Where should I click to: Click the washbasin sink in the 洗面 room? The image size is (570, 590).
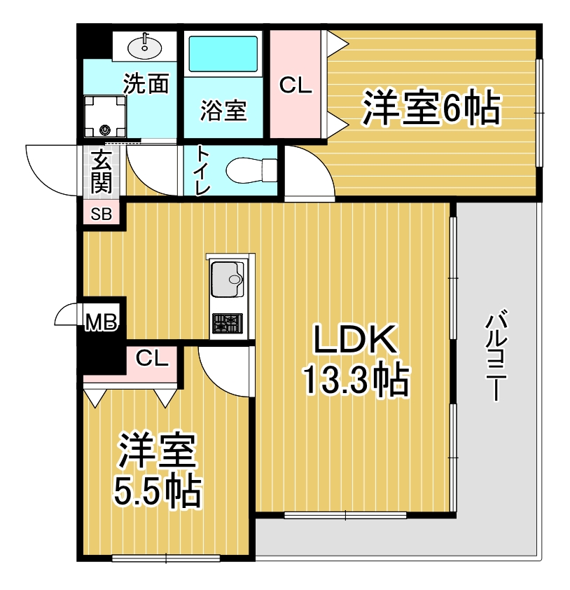coord(145,47)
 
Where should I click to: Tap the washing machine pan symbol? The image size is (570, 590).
coord(105,116)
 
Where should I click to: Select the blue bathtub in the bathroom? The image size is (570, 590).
coord(223,53)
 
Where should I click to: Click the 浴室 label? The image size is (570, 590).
coord(223,111)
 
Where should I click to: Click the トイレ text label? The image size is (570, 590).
coord(202,170)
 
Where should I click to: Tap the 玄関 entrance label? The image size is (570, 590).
coord(102,171)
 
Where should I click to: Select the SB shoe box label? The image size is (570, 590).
coord(102,214)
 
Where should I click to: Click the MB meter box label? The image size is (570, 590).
coord(102,322)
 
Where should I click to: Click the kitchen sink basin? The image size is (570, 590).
coord(228,279)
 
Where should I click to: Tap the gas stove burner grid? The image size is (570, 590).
coord(228,323)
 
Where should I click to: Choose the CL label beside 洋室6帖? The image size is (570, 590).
coord(296,85)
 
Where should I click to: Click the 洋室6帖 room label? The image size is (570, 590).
coord(431,107)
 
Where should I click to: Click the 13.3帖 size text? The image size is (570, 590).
coord(356,380)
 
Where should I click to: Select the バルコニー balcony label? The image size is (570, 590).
coord(496,355)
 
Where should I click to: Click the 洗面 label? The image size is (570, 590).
coord(146,83)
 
